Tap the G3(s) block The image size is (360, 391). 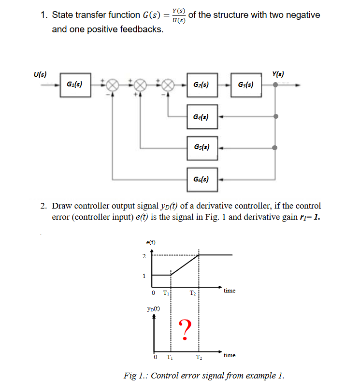[x=246, y=85]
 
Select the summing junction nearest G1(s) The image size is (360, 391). [x=113, y=85]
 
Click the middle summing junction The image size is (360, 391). [x=140, y=85]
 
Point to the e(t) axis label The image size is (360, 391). [x=151, y=242]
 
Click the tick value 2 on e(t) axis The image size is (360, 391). [x=144, y=256]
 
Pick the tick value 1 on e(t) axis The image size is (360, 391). [x=144, y=276]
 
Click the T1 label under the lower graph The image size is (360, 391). [x=169, y=358]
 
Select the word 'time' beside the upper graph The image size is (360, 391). [x=230, y=291]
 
